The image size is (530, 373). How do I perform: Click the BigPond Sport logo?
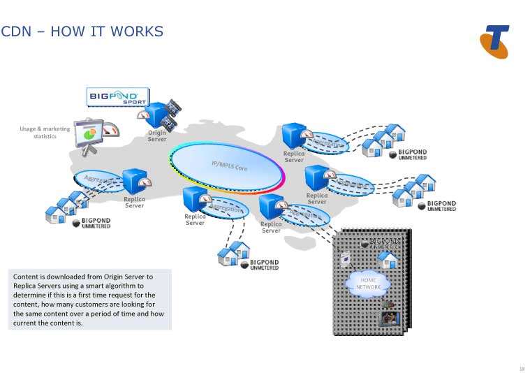click(117, 96)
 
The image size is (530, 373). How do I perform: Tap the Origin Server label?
click(157, 136)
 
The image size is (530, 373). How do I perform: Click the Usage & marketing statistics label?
click(45, 132)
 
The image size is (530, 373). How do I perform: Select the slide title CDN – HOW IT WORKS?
click(82, 31)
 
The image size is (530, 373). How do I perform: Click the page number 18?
click(522, 368)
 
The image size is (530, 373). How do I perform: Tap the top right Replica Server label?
click(294, 156)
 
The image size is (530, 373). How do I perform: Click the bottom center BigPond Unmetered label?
click(264, 265)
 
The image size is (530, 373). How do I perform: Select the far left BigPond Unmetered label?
click(96, 223)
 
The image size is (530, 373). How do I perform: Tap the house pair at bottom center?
click(233, 255)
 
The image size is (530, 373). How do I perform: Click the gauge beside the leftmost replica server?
click(146, 182)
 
